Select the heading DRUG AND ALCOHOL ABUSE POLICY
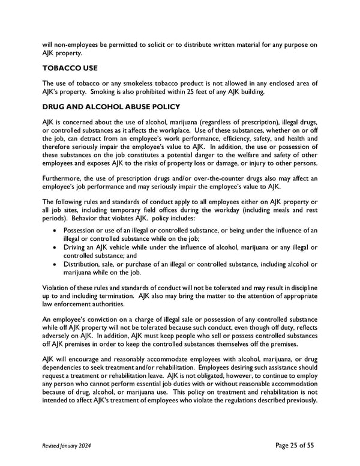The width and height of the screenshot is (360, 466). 111,107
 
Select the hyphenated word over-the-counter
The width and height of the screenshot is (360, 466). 214,178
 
